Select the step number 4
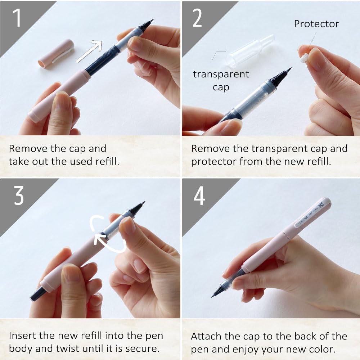coord(199,196)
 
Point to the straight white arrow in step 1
coord(89,51)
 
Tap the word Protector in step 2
coord(316,24)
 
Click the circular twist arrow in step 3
coord(108,234)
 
